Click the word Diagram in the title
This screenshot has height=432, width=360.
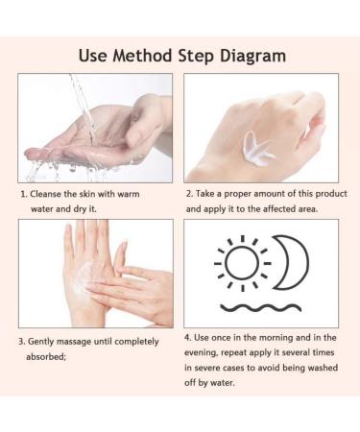(x=252, y=57)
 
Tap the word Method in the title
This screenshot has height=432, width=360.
(x=142, y=56)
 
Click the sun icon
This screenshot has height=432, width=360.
(x=243, y=264)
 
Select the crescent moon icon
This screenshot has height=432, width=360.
(x=291, y=262)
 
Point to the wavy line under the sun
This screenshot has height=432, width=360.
(x=260, y=308)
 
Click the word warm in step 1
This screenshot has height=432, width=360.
(x=128, y=194)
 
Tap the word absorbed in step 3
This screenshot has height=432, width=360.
(x=46, y=356)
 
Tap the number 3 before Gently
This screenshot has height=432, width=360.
(x=21, y=342)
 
